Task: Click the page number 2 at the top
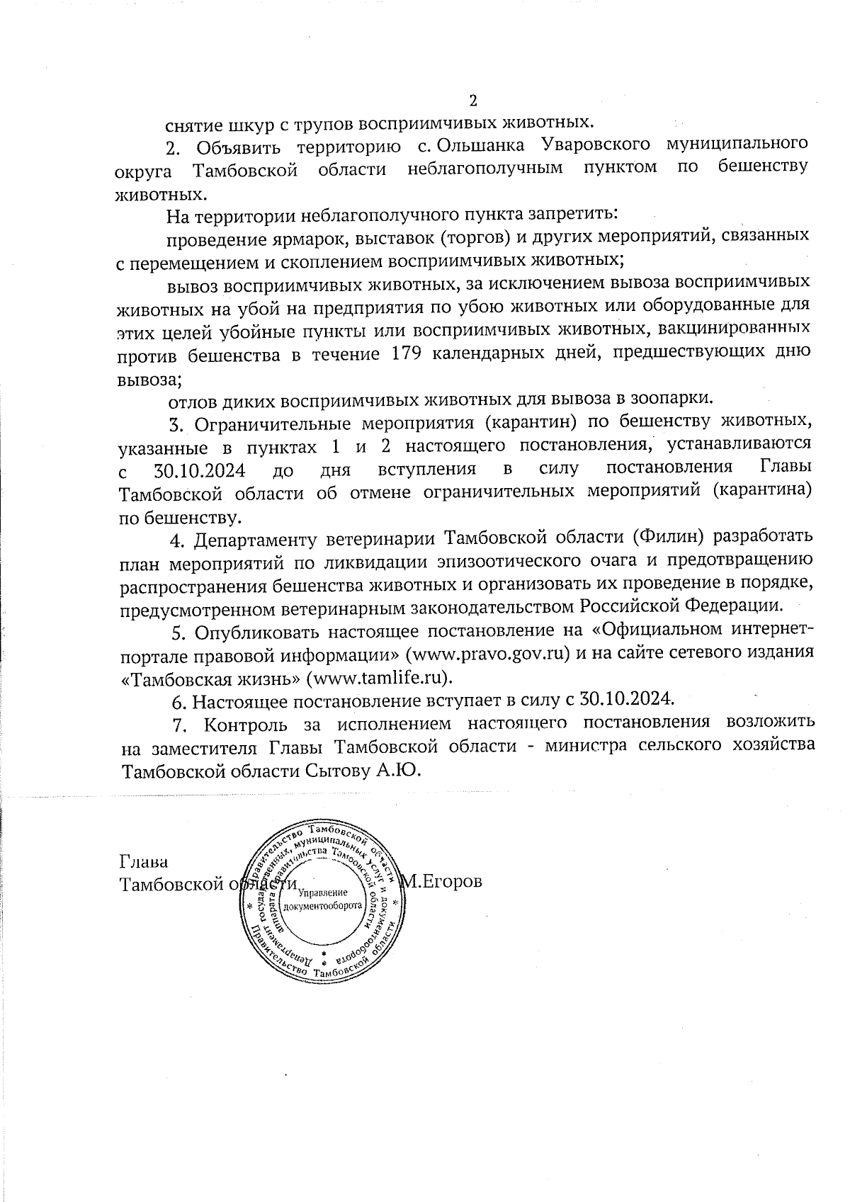pos(474,100)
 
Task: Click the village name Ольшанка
pos(481,147)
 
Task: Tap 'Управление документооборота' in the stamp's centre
pos(322,899)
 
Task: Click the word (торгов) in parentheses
pos(441,236)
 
